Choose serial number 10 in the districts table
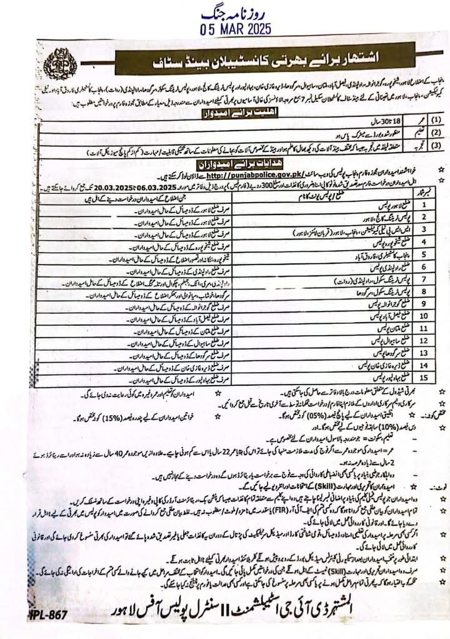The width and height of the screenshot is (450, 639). [x=422, y=314]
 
